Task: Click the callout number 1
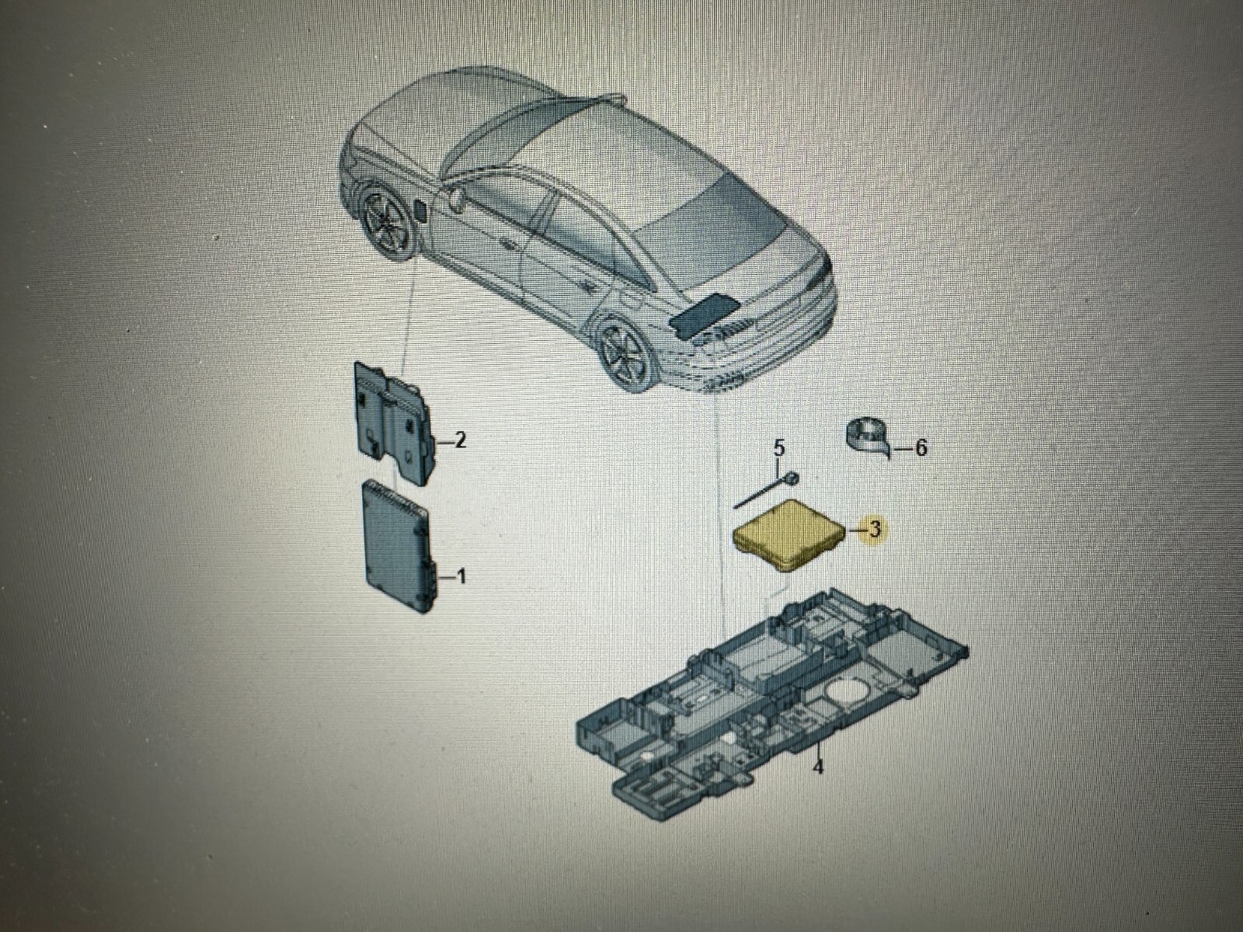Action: [460, 577]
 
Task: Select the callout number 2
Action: [459, 441]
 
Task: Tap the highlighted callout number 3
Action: [875, 530]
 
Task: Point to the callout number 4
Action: [817, 767]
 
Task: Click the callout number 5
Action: [779, 448]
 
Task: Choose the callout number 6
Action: [921, 448]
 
